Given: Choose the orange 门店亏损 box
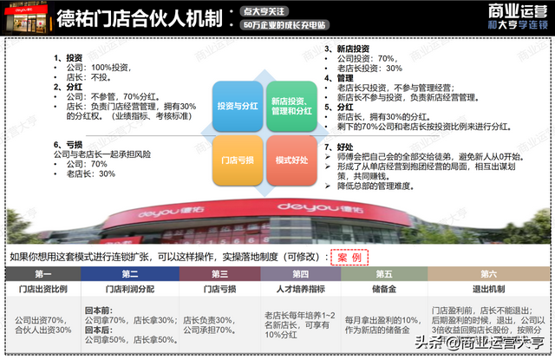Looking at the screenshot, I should click(x=237, y=160).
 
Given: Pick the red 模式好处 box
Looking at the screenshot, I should click(x=293, y=160).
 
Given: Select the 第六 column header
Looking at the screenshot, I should click(x=491, y=274).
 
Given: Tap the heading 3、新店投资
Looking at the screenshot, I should click(x=347, y=49).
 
